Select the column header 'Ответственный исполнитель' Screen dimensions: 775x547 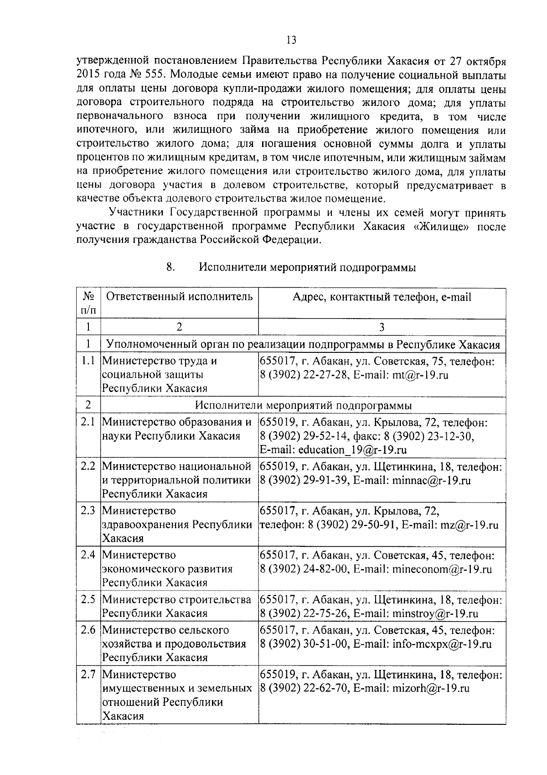(179, 297)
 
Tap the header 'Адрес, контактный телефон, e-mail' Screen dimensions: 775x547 (382, 297)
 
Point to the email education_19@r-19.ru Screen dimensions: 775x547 (352, 450)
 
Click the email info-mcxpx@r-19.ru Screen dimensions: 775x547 (442, 644)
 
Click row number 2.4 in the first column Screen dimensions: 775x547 (88, 555)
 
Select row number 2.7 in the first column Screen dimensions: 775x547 (88, 675)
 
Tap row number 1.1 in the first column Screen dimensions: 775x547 (88, 361)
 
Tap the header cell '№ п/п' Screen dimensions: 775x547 (88, 304)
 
